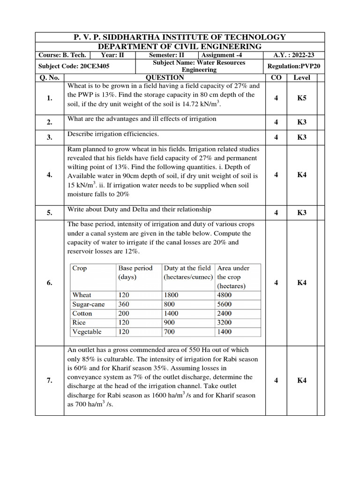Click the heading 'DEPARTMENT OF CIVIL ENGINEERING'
pyautogui.click(x=180, y=46)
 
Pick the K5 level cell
pyautogui.click(x=302, y=98)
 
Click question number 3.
pyautogui.click(x=49, y=137)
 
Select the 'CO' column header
pyautogui.click(x=276, y=77)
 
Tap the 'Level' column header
pyautogui.click(x=302, y=77)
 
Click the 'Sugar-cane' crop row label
pyautogui.click(x=89, y=304)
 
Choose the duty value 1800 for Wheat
pyautogui.click(x=172, y=295)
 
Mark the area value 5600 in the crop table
pyautogui.click(x=225, y=304)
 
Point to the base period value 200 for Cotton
pyautogui.click(x=124, y=313)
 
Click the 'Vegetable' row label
pyautogui.click(x=87, y=332)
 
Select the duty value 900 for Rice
pyautogui.click(x=169, y=322)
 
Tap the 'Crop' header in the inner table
pyautogui.click(x=80, y=268)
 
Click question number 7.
pyautogui.click(x=49, y=381)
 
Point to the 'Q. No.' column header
pyautogui.click(x=49, y=77)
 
